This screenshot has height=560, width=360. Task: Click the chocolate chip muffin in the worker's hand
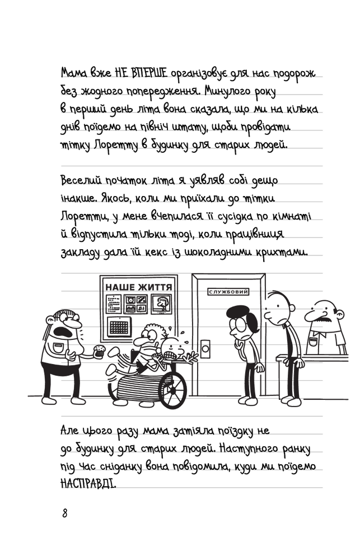99,352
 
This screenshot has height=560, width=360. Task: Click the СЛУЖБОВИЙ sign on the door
228,292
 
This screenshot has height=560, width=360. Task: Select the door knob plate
207,348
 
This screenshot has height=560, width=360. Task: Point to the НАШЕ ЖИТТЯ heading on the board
139,287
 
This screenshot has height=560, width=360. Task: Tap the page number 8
64,514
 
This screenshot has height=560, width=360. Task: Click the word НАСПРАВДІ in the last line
88,484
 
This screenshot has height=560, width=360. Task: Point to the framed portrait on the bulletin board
161,304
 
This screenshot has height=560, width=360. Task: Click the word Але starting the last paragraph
69,431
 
